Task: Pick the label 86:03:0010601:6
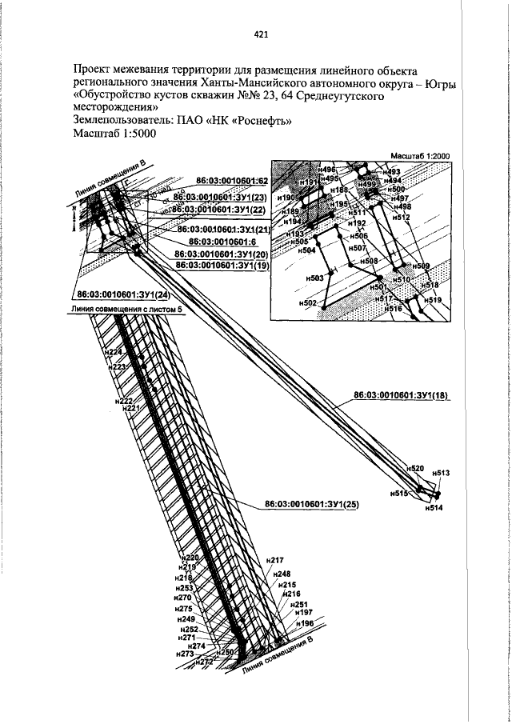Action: pos(221,241)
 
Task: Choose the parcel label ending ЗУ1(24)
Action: pos(129,292)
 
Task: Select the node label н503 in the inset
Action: pos(314,278)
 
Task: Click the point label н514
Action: pos(433,508)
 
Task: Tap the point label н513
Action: pos(441,474)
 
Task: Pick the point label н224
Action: pos(114,352)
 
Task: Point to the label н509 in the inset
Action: pos(421,266)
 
